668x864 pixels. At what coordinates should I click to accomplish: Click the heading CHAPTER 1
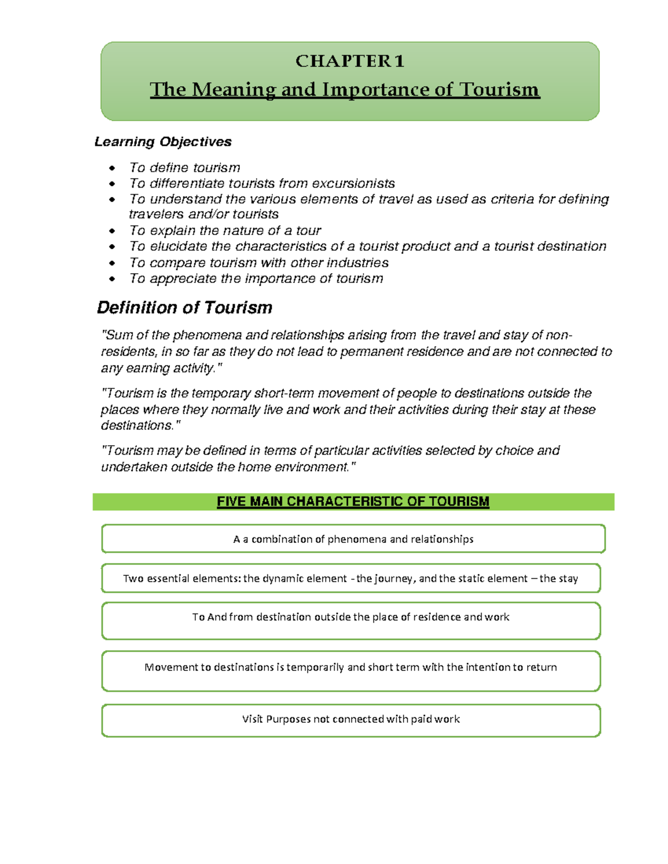350,61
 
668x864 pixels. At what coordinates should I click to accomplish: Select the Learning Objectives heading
163,142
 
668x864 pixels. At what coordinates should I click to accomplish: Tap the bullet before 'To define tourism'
112,168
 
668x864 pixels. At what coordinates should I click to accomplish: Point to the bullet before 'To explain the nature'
112,231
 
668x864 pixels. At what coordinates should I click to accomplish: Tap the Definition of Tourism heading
184,308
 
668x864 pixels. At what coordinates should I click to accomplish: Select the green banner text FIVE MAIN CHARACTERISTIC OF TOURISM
353,502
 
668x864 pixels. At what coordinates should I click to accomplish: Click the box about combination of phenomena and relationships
353,539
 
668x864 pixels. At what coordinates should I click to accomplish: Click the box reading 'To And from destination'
351,620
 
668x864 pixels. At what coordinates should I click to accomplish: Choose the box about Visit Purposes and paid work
351,720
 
